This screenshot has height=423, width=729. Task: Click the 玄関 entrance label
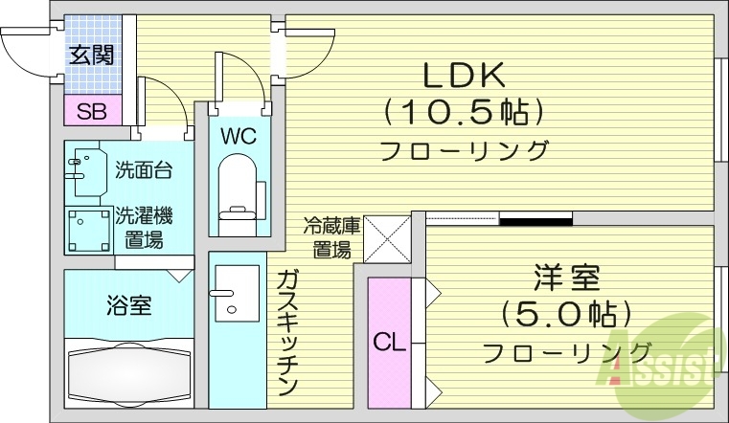pos(92,55)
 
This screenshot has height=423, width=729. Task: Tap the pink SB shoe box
pos(92,110)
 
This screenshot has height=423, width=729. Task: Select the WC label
pos(238,136)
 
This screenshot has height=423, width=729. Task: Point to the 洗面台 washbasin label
pos(143,171)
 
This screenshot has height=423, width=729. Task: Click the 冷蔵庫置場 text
pos(331,238)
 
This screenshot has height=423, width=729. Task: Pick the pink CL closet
pos(389,341)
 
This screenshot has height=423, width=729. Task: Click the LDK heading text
pos(464,74)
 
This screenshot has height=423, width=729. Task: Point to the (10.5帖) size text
pos(465,112)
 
